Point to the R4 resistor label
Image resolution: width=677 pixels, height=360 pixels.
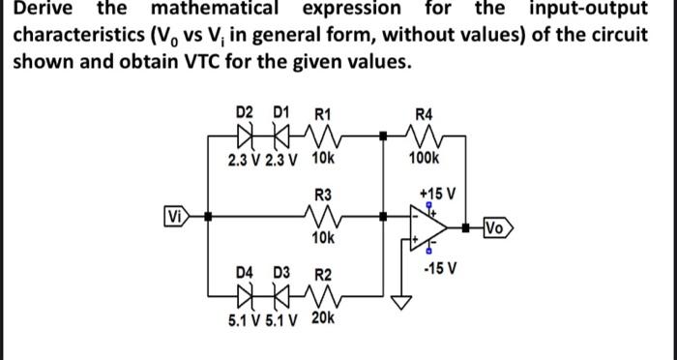[x=424, y=112]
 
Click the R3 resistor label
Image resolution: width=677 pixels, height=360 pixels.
[x=323, y=194]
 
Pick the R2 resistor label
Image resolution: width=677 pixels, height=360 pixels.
[x=323, y=275]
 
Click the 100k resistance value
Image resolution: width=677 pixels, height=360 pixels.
[x=424, y=158]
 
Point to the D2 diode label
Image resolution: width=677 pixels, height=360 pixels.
[x=248, y=112]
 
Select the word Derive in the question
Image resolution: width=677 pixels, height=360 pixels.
[x=40, y=9]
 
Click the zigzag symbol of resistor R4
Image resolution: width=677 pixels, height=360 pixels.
[x=424, y=135]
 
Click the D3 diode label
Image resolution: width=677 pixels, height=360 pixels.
[x=281, y=275]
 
